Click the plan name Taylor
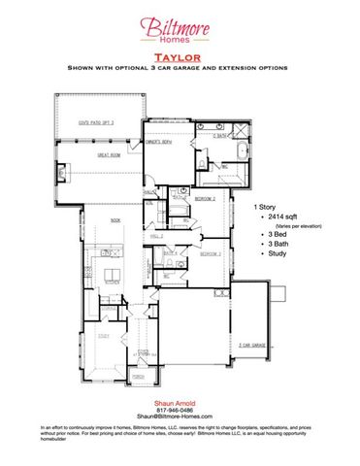(179, 58)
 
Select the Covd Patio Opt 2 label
(96, 123)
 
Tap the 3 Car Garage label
(254, 344)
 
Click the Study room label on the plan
(105, 335)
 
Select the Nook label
(115, 221)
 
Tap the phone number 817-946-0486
(179, 409)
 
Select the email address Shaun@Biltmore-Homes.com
(179, 416)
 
